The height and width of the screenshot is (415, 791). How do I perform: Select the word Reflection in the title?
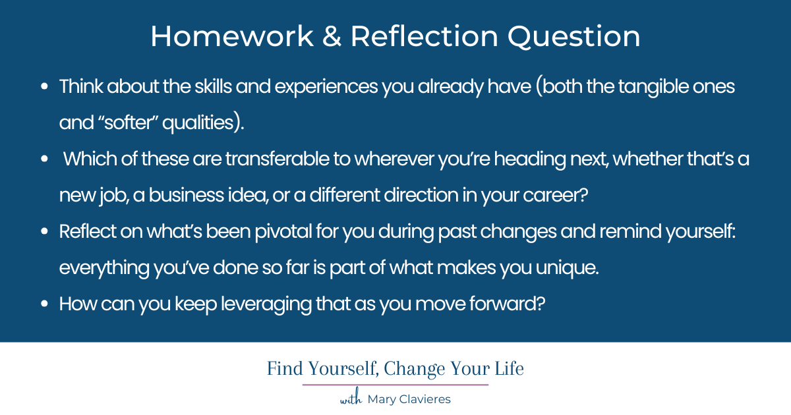point(423,37)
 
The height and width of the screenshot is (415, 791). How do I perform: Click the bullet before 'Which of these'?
point(44,159)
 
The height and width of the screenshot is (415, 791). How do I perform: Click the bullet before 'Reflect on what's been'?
point(44,232)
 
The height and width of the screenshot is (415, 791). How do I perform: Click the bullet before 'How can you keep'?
point(44,304)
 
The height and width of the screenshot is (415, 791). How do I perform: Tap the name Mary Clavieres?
point(409,399)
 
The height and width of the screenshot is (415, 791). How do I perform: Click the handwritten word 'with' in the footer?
point(351,399)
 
